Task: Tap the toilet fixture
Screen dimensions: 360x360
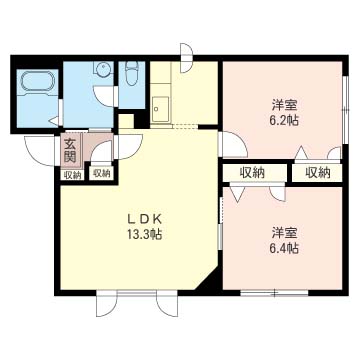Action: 132,74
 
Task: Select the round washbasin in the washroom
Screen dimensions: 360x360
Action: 102,69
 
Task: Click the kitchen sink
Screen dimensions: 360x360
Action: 160,110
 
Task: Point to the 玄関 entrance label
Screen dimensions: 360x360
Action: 71,151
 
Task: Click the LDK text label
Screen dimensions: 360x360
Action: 145,219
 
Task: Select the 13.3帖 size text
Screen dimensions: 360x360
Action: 145,235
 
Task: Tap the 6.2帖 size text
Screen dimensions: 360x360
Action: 284,120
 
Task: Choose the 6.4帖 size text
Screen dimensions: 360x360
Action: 284,248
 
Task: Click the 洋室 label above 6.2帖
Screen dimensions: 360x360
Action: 284,105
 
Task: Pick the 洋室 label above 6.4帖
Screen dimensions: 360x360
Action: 284,232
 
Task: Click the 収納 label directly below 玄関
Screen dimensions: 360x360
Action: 72,175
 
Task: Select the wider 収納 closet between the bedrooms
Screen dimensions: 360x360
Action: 252,172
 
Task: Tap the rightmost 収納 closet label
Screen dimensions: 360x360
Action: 318,172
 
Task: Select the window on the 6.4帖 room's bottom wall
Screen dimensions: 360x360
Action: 274,293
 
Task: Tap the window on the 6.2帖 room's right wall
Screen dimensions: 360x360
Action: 346,110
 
